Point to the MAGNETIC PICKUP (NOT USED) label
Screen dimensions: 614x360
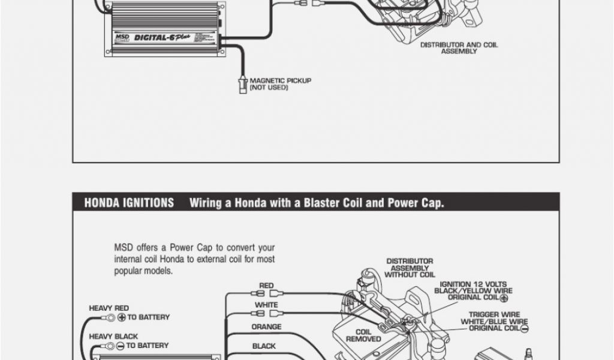tap(281, 84)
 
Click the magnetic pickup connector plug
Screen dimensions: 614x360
tap(243, 84)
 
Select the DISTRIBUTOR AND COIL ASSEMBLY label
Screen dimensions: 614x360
tap(459, 48)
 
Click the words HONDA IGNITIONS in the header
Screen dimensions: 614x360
tap(129, 203)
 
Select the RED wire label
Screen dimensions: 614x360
tap(266, 286)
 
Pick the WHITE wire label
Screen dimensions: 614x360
tap(266, 305)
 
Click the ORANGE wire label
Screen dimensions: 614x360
tap(266, 327)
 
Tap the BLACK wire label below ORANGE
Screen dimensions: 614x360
tap(264, 346)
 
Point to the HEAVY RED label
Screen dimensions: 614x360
tap(109, 308)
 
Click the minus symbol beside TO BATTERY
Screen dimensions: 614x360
tap(121, 346)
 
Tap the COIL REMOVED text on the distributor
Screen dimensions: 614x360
tap(363, 335)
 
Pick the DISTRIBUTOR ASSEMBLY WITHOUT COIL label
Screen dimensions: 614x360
tap(410, 268)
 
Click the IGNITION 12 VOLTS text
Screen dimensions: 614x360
tap(473, 284)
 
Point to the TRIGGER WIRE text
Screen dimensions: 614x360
tap(494, 314)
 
